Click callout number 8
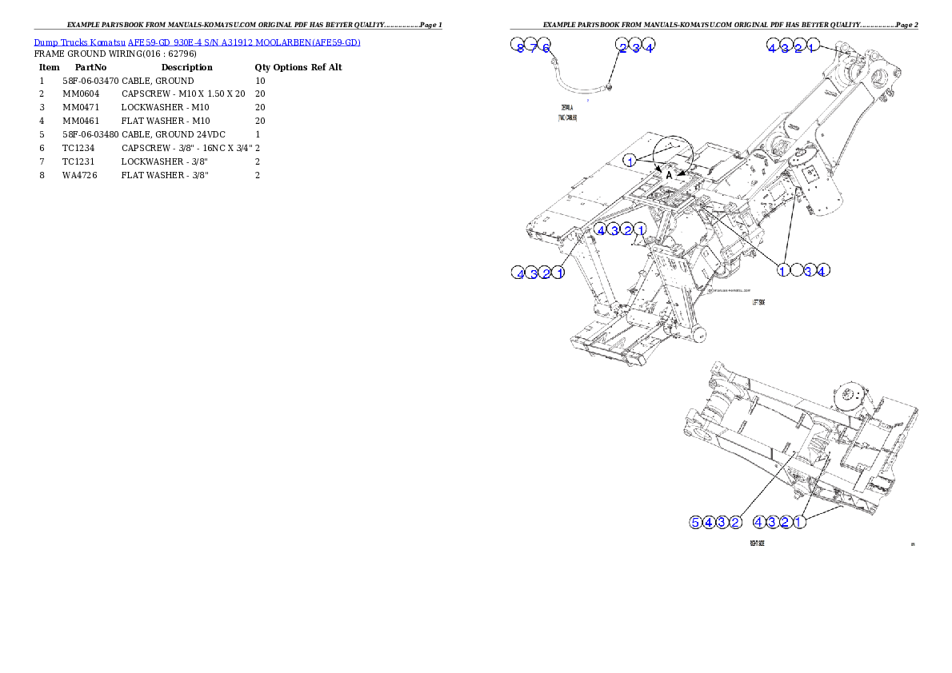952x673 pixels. (520, 48)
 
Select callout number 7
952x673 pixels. (534, 48)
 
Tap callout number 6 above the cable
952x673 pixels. (546, 48)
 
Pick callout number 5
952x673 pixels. (696, 523)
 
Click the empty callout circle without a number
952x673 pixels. (796, 271)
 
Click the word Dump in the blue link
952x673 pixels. (46, 42)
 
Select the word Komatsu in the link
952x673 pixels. (107, 42)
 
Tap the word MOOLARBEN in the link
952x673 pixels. (282, 42)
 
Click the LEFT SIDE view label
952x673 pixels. (759, 303)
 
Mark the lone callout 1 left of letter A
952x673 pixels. (630, 161)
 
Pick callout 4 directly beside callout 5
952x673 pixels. (709, 523)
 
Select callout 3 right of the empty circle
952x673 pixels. (809, 271)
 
